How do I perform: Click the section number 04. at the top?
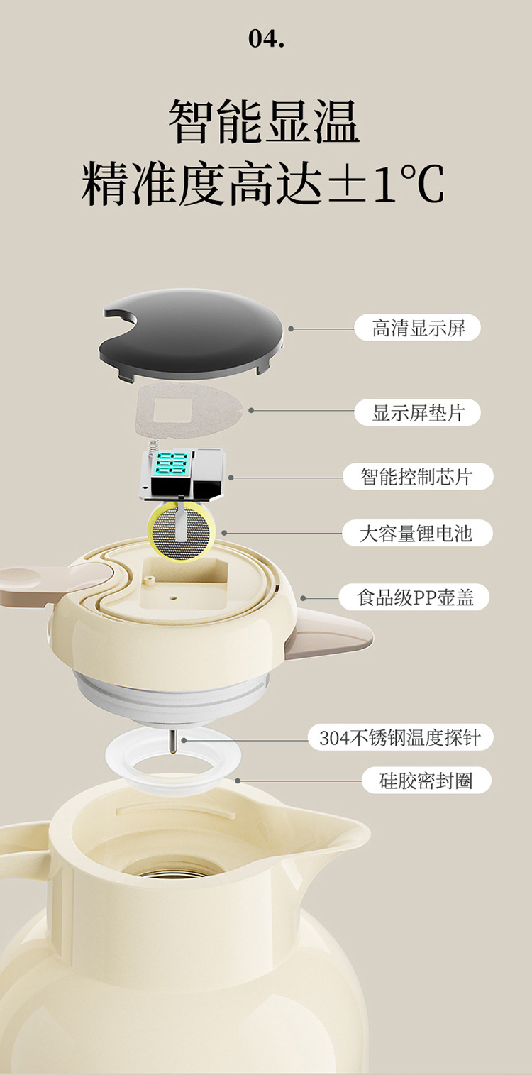point(266,38)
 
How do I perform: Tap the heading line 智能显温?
point(264,121)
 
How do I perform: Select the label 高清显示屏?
point(418,328)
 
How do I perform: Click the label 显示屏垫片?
point(418,412)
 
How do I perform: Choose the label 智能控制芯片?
point(418,475)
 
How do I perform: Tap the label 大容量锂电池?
point(418,533)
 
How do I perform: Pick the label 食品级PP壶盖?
point(418,597)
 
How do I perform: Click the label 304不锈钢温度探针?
point(400,738)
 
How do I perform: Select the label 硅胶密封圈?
point(418,781)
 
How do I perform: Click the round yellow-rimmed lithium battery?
point(181,531)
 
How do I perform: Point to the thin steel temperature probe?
point(172,738)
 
